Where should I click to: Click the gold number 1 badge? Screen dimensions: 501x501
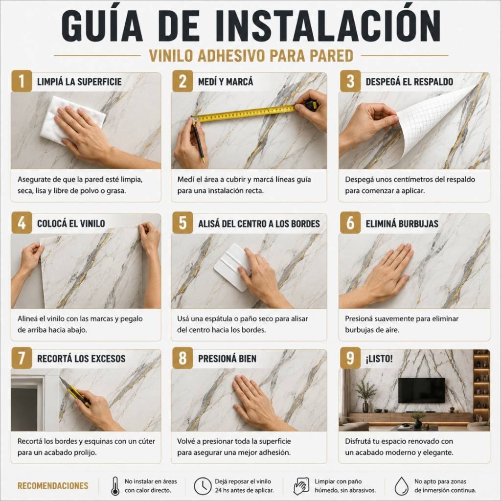(x=22, y=81)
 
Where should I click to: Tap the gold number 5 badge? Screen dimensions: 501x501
(x=183, y=223)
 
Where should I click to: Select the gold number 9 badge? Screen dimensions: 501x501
(x=350, y=358)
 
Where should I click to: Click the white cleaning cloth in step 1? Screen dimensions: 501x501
(x=72, y=120)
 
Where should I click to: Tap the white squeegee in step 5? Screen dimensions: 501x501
(x=232, y=267)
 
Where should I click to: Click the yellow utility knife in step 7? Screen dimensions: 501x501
(x=75, y=392)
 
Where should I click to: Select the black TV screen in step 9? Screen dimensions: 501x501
(x=421, y=390)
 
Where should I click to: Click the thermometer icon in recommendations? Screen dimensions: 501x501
(x=115, y=486)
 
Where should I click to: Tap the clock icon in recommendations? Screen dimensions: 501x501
(x=203, y=486)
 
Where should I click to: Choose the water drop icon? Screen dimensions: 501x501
(x=401, y=486)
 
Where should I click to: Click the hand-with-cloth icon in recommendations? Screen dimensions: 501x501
(x=301, y=486)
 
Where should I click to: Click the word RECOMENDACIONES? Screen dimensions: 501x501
(x=53, y=486)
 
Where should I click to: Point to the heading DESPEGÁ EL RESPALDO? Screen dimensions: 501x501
(x=410, y=82)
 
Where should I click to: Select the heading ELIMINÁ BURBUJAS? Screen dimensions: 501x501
(x=402, y=224)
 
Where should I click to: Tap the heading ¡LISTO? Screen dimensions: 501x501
(x=379, y=359)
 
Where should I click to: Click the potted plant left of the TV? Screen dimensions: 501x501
(x=365, y=395)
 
